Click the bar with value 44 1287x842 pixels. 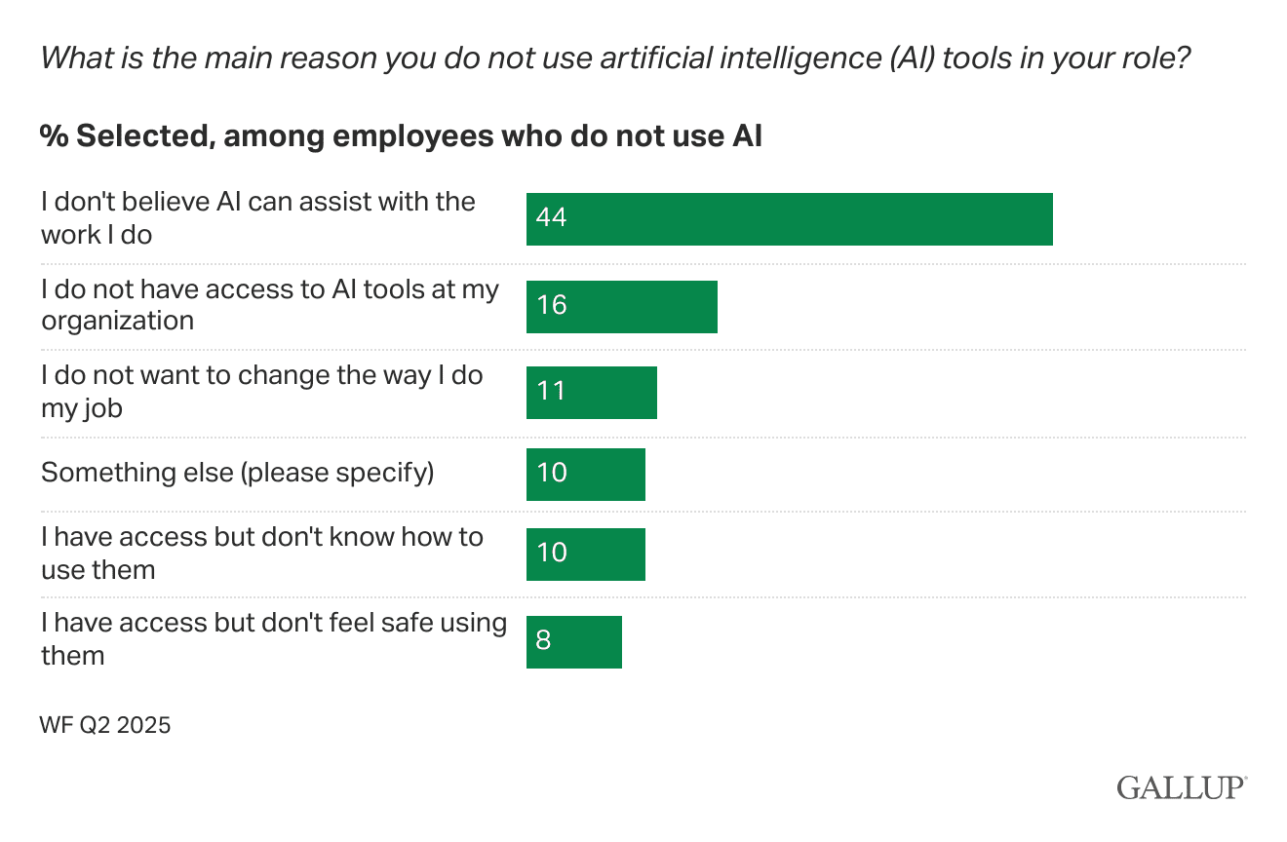pos(789,219)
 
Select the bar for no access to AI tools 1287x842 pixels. pos(621,307)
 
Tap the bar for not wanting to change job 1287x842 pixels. pos(591,393)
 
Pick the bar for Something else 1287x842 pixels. pos(585,475)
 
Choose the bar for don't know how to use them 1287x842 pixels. pos(585,555)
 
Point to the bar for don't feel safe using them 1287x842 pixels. pos(573,642)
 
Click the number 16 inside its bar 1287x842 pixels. pos(552,306)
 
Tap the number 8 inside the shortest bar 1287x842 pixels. pos(543,641)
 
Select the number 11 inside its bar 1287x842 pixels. pos(552,392)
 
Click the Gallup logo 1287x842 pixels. pos(1182,787)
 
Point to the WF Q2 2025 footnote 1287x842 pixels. pos(105,725)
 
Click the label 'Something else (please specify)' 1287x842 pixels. pos(237,473)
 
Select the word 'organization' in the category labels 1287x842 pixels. pos(117,321)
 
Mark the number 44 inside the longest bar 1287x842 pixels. pos(552,217)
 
